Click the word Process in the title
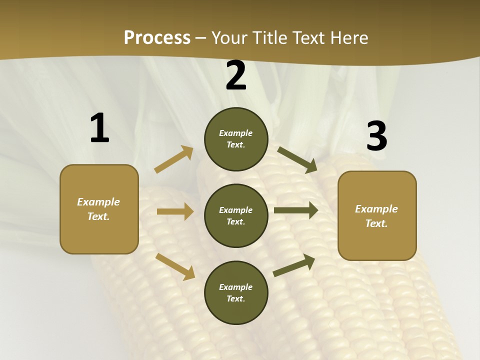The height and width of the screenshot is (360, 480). tap(157, 37)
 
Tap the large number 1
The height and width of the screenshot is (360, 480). tap(99, 128)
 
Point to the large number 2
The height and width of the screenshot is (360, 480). tap(236, 76)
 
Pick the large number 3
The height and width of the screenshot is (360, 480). tap(376, 136)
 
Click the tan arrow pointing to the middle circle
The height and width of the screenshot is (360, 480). tap(175, 211)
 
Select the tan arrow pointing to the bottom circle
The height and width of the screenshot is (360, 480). tap(175, 266)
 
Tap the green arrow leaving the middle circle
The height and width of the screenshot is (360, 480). tap(296, 210)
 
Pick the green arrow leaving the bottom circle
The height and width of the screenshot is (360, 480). tap(294, 265)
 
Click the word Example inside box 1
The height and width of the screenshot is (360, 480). tap(98, 202)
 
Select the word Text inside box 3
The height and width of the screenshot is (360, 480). tap(376, 223)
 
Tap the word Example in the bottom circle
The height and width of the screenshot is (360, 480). tap(236, 287)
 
